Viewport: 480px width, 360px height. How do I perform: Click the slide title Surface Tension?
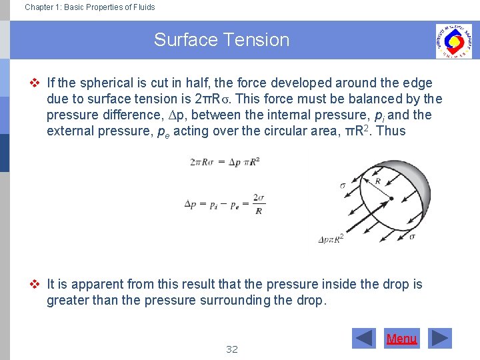tap(221, 40)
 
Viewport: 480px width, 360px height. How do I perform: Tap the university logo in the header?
tap(453, 41)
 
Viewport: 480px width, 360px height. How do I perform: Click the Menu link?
tap(401, 339)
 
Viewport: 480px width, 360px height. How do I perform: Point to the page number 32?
tap(232, 349)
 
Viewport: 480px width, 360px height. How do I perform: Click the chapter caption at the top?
tap(89, 7)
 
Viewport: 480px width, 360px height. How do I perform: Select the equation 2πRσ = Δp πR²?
tap(224, 162)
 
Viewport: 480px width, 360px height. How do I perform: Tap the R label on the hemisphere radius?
tap(378, 181)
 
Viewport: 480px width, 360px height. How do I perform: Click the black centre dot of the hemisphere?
tap(391, 199)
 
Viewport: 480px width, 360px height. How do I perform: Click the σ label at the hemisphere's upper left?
tap(343, 186)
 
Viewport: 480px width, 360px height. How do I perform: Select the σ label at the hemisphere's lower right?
tap(412, 236)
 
